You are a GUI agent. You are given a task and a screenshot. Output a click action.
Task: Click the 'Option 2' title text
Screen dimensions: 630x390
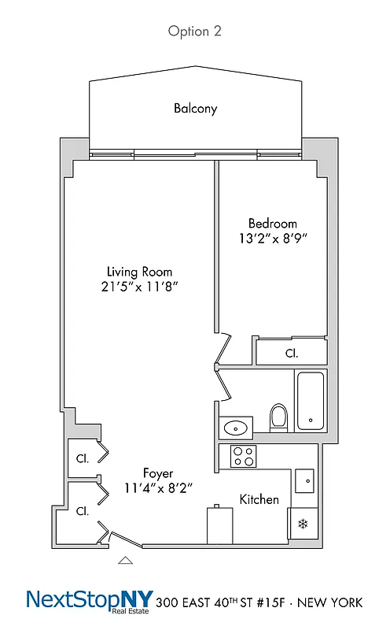[x=195, y=31]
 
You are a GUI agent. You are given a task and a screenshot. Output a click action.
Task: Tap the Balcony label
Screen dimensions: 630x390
[x=195, y=109]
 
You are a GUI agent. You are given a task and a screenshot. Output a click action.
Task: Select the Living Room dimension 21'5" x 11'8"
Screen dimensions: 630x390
[x=140, y=287]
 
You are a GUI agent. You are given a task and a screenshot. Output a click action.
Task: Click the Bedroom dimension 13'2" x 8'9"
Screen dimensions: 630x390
[x=273, y=238]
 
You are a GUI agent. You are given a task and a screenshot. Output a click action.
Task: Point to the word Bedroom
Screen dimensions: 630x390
[x=273, y=223]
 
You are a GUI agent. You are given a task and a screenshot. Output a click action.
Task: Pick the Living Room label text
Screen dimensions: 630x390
[x=140, y=272]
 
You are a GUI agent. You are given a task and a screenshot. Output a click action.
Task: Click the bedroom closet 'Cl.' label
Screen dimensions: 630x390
[x=290, y=354]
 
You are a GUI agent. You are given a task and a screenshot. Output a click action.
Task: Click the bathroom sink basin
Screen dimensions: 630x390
[x=235, y=428]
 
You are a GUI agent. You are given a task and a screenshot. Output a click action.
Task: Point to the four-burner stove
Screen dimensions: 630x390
[x=244, y=455]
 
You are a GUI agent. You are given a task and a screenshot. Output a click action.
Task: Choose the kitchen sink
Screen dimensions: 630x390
[x=304, y=480]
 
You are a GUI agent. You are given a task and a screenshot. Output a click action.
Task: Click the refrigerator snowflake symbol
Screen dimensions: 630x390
[x=302, y=523]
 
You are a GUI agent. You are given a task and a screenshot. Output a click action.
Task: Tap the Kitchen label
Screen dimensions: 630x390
[x=259, y=499]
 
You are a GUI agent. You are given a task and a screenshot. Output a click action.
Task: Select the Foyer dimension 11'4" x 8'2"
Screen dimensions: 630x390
[x=158, y=488]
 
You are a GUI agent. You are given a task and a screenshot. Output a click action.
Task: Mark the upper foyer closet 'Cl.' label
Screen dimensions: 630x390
[x=82, y=458]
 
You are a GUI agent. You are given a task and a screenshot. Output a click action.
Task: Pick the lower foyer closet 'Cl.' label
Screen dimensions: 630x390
[x=82, y=510]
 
